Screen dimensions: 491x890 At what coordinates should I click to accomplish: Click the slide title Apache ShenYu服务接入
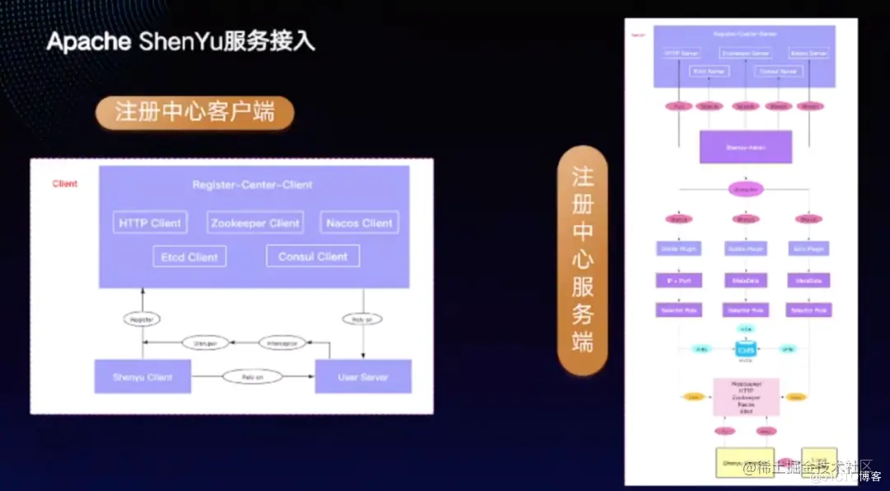pyautogui.click(x=180, y=41)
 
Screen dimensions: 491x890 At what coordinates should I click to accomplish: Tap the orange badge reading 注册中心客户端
pyautogui.click(x=194, y=113)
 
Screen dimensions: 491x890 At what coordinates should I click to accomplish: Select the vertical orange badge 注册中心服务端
pyautogui.click(x=583, y=261)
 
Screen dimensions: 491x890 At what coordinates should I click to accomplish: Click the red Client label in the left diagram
pyautogui.click(x=65, y=184)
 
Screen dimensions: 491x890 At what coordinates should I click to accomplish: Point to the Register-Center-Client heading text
pyautogui.click(x=252, y=185)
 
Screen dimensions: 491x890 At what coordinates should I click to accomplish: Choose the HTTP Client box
pyautogui.click(x=150, y=222)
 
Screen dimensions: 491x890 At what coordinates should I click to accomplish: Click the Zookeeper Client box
pyautogui.click(x=255, y=222)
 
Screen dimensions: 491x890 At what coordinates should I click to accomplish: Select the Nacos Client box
pyautogui.click(x=359, y=222)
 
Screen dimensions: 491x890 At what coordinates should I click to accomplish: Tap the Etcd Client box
pyautogui.click(x=190, y=257)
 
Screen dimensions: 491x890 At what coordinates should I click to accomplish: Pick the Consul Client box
pyautogui.click(x=312, y=256)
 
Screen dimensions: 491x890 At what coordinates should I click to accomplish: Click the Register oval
pyautogui.click(x=142, y=318)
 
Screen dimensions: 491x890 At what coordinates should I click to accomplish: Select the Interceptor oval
pyautogui.click(x=283, y=343)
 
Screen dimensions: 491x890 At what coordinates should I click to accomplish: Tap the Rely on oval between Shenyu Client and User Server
pyautogui.click(x=251, y=376)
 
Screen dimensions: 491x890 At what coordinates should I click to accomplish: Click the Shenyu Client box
pyautogui.click(x=143, y=376)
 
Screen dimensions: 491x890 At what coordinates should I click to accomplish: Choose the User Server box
pyautogui.click(x=363, y=376)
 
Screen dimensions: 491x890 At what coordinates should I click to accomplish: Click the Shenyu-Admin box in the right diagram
pyautogui.click(x=745, y=147)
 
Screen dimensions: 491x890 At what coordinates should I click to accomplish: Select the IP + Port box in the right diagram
pyautogui.click(x=678, y=280)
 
